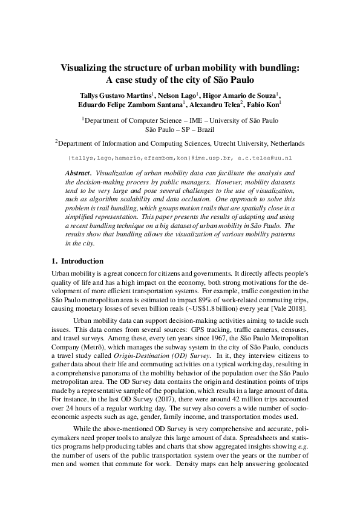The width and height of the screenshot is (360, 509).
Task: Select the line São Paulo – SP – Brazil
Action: [x=180, y=129]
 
